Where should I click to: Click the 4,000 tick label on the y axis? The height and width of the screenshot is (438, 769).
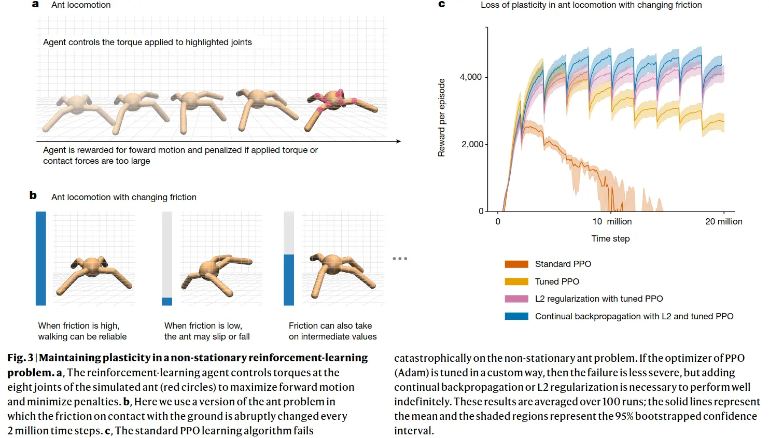[470, 77]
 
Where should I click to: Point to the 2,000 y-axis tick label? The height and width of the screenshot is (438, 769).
[472, 144]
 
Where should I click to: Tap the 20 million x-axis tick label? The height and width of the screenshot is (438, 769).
[723, 221]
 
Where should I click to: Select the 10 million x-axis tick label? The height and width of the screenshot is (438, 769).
[612, 221]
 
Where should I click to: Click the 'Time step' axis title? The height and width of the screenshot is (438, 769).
[610, 238]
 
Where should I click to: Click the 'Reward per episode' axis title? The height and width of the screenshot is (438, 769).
[441, 118]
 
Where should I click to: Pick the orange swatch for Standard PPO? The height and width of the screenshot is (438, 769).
[516, 264]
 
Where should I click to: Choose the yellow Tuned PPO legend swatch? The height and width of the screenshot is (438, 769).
[516, 281]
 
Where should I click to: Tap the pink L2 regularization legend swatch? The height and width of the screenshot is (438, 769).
[516, 299]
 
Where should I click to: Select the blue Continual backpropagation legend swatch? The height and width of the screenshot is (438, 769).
[516, 316]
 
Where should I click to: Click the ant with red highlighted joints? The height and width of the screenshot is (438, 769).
[340, 106]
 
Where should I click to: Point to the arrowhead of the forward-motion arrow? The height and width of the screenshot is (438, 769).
[398, 141]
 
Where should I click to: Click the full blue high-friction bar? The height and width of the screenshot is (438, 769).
[40, 258]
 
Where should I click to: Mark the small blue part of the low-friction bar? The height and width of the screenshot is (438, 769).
[167, 301]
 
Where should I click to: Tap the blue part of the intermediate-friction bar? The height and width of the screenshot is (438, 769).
[289, 279]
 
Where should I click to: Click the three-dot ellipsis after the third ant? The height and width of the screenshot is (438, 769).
[400, 258]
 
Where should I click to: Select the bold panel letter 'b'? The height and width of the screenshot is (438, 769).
[33, 195]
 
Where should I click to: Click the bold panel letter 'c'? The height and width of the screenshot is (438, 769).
[442, 4]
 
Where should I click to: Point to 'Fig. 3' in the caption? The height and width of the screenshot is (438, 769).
[20, 358]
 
